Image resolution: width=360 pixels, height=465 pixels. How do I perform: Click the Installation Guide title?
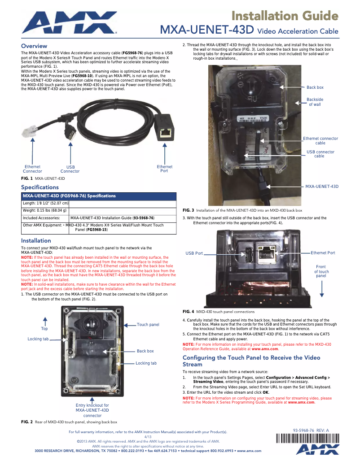pyautogui.click(x=284, y=16)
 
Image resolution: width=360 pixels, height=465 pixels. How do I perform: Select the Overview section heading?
pyautogui.click(x=34, y=46)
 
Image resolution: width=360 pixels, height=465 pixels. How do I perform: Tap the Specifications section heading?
pyautogui.click(x=40, y=187)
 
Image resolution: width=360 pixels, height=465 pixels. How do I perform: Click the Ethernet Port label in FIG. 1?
pyautogui.click(x=164, y=169)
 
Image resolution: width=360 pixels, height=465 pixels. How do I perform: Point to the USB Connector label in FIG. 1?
pyautogui.click(x=70, y=169)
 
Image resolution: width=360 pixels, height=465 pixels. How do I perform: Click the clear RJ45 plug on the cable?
pyautogui.click(x=31, y=132)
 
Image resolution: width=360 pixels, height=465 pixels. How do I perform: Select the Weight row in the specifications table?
pyautogui.click(x=45, y=210)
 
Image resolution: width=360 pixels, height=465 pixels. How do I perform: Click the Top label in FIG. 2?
pyautogui.click(x=44, y=329)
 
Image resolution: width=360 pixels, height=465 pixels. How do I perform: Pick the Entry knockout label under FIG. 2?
pyautogui.click(x=92, y=410)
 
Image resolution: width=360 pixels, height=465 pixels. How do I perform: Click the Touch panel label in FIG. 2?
pyautogui.click(x=148, y=325)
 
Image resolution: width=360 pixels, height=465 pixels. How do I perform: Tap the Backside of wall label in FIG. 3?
pyautogui.click(x=315, y=102)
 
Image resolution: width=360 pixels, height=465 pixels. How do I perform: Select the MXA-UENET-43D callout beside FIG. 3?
pyautogui.click(x=322, y=186)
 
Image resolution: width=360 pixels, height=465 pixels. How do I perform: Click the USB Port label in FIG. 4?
pyautogui.click(x=194, y=253)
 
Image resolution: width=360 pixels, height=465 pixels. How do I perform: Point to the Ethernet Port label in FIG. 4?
pyautogui.click(x=323, y=253)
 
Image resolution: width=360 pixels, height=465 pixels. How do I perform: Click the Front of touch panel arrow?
pyautogui.click(x=322, y=287)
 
